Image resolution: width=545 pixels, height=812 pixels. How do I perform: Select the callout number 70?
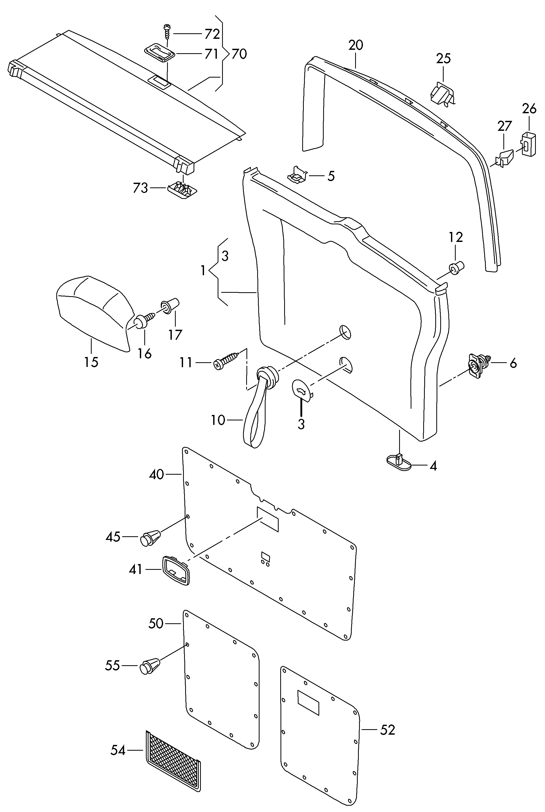click(239, 54)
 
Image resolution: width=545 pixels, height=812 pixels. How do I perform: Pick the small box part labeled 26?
click(528, 144)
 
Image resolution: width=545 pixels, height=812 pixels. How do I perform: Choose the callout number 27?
click(505, 126)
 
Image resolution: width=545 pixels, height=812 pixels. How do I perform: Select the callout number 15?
click(91, 362)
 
